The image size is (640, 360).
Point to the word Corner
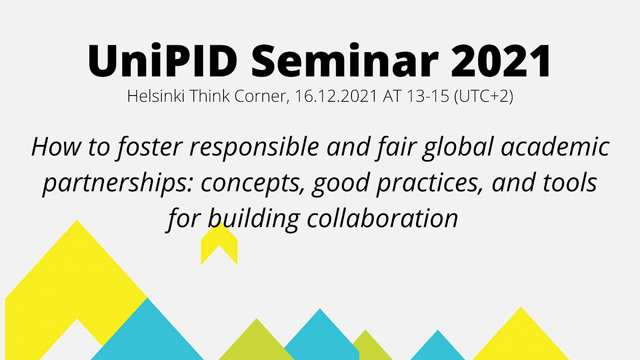(x=260, y=96)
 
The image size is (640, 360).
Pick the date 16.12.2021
(x=335, y=96)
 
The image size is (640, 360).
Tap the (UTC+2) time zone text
(x=484, y=96)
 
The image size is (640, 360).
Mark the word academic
(x=556, y=147)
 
